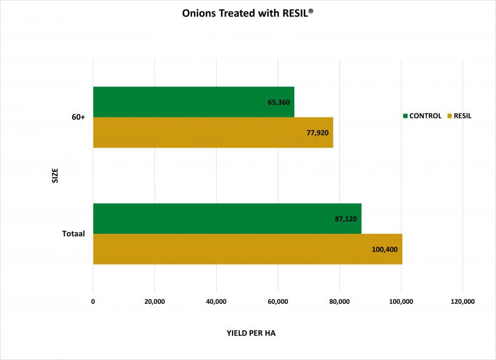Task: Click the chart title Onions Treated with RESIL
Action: [247, 13]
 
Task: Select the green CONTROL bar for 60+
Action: [193, 102]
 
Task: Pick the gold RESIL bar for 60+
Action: [213, 133]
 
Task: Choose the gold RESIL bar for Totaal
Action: [247, 249]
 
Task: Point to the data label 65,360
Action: [279, 103]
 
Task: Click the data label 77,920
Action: [317, 133]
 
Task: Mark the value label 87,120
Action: [346, 219]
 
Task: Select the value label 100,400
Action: [385, 249]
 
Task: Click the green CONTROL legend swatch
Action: [406, 116]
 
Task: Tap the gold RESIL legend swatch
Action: [450, 116]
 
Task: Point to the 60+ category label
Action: [78, 117]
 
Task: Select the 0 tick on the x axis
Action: [93, 302]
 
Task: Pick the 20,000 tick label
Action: [155, 302]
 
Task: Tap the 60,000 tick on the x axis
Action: [278, 302]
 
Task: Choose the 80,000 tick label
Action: [339, 302]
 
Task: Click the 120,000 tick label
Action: [462, 302]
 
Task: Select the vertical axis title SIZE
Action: [55, 176]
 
